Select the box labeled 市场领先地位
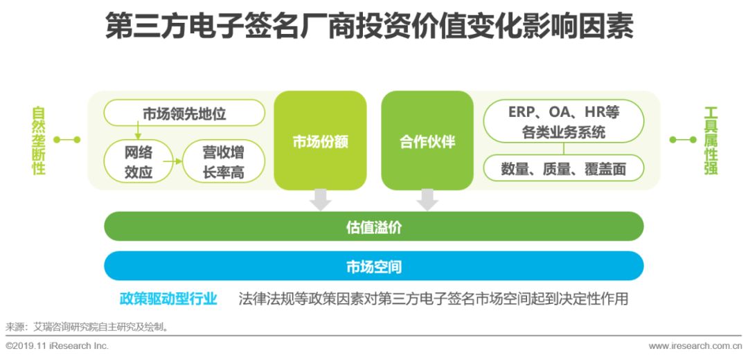[x=184, y=113]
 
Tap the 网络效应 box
[x=138, y=161]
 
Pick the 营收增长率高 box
[x=223, y=161]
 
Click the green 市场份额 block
[x=320, y=141]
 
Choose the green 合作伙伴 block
[x=427, y=141]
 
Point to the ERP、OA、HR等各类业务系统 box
[x=563, y=121]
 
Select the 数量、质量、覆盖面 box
[x=563, y=168]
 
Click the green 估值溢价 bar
[x=373, y=226]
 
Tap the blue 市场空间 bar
[x=373, y=266]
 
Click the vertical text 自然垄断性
[x=39, y=141]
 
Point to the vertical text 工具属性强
[x=711, y=141]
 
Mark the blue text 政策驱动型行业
[x=168, y=299]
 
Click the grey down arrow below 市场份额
[x=320, y=199]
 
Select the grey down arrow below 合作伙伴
[x=427, y=199]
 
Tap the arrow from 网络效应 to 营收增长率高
[x=177, y=161]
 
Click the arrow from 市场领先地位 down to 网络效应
[x=138, y=132]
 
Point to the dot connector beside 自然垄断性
[x=67, y=140]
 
